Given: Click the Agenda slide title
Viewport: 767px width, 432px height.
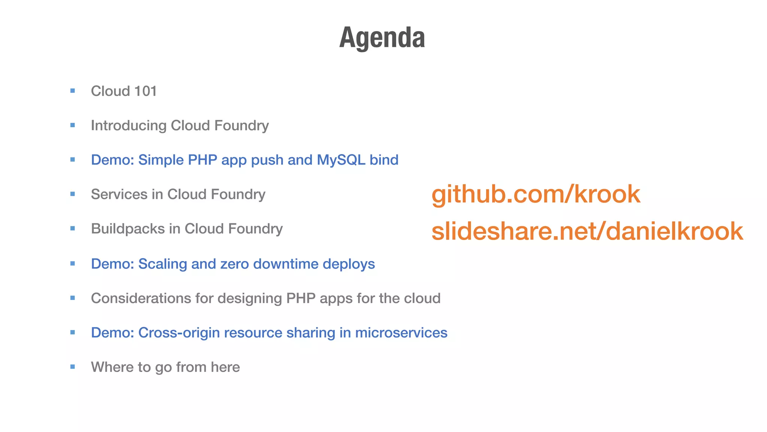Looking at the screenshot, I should point(382,38).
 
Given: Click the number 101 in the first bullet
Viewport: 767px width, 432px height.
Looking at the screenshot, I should point(145,91).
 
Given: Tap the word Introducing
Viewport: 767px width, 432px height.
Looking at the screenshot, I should point(128,126).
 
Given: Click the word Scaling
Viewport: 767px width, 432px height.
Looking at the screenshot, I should point(163,264).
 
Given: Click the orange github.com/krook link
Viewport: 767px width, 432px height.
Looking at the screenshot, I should point(536,194).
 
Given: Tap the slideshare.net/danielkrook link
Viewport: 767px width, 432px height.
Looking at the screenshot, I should point(587,231).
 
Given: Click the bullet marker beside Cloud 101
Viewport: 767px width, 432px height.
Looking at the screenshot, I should point(73,91).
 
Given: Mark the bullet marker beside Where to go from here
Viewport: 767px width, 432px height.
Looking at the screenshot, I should point(73,367).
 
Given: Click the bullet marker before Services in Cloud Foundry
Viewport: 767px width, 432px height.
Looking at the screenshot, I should point(73,194).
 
